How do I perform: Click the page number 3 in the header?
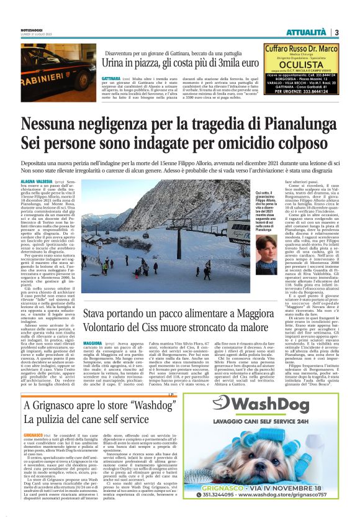(336, 32)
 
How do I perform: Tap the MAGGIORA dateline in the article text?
(92, 342)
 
